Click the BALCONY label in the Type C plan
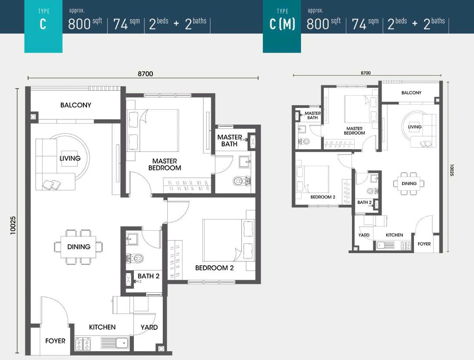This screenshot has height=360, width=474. [76, 105]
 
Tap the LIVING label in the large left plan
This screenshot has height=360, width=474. [70, 158]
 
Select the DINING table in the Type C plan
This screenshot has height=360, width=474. [79, 247]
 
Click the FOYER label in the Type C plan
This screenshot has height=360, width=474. [55, 341]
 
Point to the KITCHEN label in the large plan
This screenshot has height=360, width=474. [102, 327]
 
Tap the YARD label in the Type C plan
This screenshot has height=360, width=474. [149, 327]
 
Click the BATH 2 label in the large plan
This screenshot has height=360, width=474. [149, 276]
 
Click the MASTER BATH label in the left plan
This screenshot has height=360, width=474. [229, 140]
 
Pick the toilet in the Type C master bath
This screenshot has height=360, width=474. [242, 180]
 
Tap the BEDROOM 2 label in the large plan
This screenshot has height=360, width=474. [214, 268]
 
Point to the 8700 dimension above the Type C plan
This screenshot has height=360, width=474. [145, 74]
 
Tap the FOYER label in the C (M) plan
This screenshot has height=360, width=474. [424, 244]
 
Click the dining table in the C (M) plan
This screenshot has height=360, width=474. [409, 184]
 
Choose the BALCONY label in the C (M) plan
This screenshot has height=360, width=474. [411, 93]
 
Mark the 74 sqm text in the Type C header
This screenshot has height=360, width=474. [126, 24]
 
